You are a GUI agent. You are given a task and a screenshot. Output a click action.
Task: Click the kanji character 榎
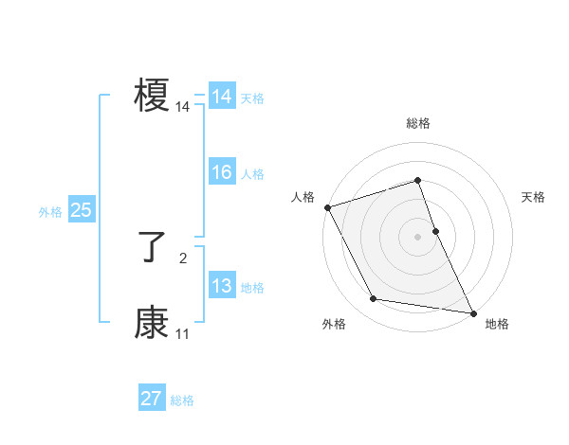tap(152, 96)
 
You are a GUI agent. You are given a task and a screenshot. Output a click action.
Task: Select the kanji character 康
tap(152, 323)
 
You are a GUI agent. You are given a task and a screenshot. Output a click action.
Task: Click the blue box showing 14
tap(222, 97)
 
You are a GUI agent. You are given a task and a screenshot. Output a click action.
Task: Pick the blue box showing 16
tap(222, 172)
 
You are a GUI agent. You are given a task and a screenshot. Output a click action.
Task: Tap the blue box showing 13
tap(222, 286)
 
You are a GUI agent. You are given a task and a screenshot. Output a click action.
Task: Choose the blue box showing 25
tap(82, 210)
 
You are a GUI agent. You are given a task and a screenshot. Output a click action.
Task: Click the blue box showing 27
tap(152, 399)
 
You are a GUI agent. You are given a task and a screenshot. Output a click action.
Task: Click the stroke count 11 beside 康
tap(183, 333)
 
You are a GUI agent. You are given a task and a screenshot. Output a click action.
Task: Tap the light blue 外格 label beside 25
tap(50, 212)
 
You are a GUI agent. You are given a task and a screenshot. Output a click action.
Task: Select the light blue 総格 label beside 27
tap(182, 400)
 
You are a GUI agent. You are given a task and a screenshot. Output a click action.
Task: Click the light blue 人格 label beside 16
tap(252, 174)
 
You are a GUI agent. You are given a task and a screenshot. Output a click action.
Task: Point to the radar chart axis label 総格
tap(418, 123)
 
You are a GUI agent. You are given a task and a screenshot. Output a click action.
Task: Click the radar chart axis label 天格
tap(534, 197)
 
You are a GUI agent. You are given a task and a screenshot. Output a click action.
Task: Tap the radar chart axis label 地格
tap(497, 324)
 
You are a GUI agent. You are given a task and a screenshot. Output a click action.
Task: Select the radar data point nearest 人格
tap(327, 207)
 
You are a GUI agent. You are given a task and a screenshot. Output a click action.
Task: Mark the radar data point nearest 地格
tap(472, 311)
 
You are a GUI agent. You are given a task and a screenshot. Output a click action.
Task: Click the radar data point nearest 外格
tap(374, 299)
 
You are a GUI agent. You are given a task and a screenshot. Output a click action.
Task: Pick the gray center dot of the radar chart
tap(418, 236)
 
